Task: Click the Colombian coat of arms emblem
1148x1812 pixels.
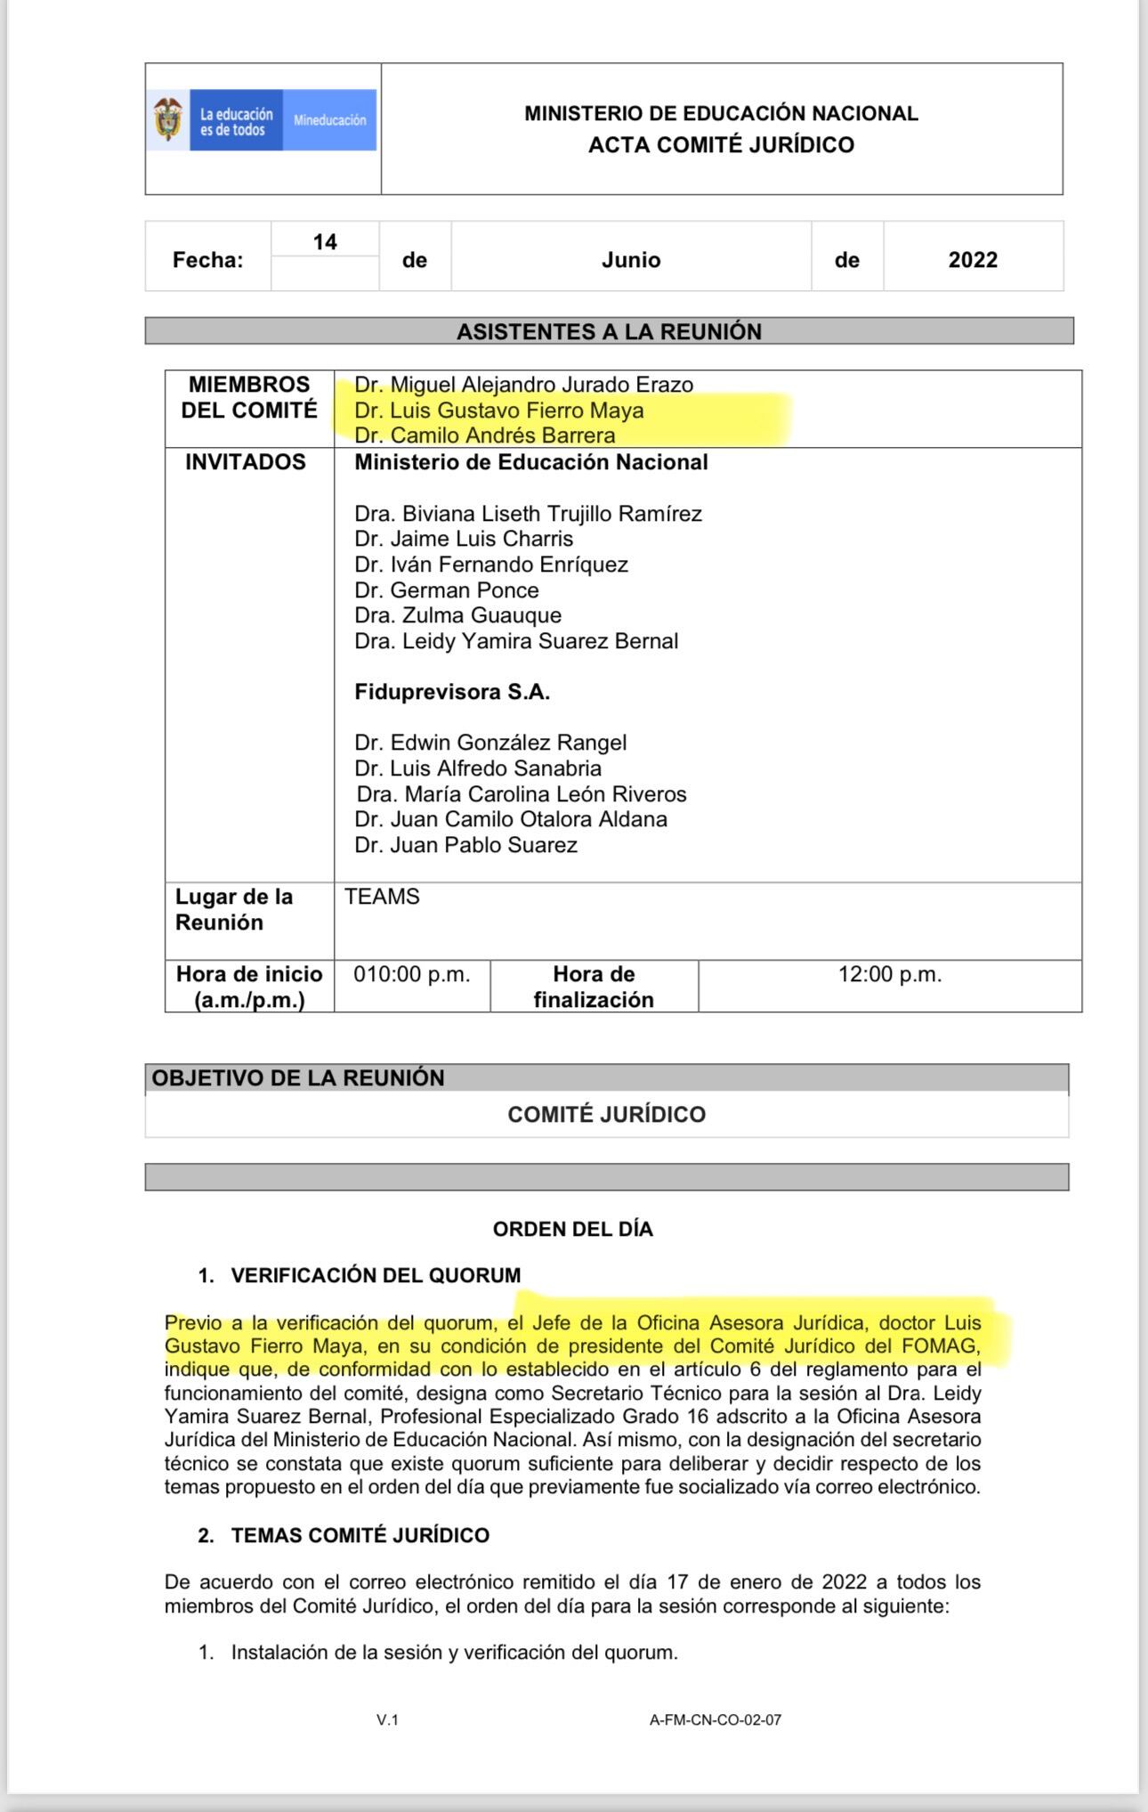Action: (167, 119)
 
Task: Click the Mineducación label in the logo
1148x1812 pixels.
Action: (329, 120)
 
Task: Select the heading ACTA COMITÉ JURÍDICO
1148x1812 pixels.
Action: (721, 145)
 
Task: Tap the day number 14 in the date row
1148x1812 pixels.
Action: (325, 242)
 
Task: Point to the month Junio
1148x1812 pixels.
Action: (631, 260)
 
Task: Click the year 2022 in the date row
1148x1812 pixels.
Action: (973, 260)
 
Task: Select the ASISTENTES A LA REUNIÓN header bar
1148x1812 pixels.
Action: (609, 331)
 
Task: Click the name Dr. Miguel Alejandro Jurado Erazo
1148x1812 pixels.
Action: (523, 385)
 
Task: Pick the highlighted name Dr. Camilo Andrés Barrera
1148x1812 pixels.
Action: (485, 435)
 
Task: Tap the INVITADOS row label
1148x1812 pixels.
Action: (246, 462)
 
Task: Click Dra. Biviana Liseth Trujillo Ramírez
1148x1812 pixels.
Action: (528, 514)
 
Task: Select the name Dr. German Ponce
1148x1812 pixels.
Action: (447, 590)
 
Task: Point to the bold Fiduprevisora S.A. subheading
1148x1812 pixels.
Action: (452, 692)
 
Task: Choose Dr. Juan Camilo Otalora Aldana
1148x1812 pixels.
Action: (511, 819)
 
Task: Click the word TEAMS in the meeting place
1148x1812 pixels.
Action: (383, 897)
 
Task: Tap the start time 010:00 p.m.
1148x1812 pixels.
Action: (412, 974)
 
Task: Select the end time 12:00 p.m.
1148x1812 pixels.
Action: (890, 974)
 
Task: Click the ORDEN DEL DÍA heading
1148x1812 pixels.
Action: (573, 1229)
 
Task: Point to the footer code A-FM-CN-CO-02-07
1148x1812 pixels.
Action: (715, 1720)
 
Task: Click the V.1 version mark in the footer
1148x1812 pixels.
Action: (387, 1720)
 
